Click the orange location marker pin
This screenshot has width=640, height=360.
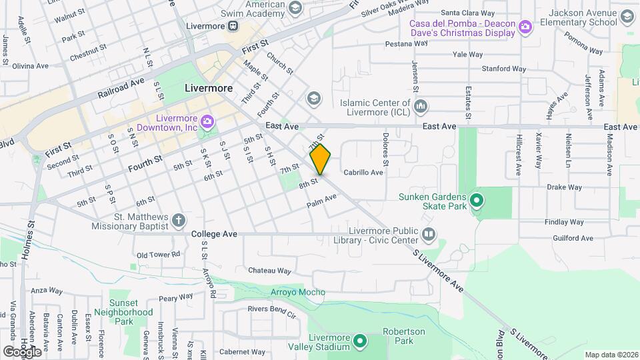pos(320,159)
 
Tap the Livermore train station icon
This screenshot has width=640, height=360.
pos(233,26)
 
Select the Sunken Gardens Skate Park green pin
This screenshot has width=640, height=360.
pos(477,200)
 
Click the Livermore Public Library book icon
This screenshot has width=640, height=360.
pos(429,235)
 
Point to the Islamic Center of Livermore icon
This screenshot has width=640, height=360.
pos(421,107)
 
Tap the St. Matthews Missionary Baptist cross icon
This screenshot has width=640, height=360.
pos(178,220)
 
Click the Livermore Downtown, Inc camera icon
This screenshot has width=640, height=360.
pos(207,121)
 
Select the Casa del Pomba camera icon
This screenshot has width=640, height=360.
pos(526,27)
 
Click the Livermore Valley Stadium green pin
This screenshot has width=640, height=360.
pos(361,342)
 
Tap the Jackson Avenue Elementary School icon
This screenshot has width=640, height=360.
pos(627,17)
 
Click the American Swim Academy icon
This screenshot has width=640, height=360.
pos(295,9)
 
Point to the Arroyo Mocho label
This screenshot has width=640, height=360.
pos(298,292)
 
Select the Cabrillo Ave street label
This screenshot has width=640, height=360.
pos(363,173)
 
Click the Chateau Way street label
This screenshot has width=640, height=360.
pos(269,271)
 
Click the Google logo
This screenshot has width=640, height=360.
pos(22,351)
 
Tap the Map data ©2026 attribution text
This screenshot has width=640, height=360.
pos(611,355)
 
